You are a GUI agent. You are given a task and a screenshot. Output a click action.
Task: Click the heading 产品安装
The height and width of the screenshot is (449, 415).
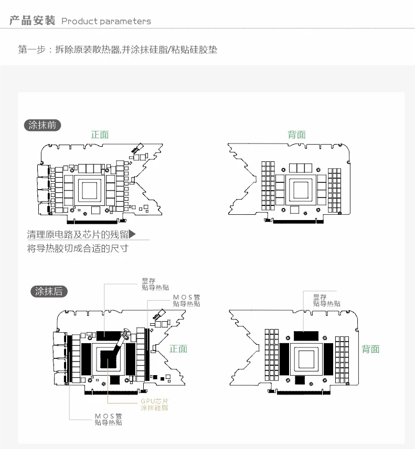[32, 21]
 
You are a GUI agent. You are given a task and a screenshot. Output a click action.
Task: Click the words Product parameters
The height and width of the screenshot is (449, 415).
[106, 21]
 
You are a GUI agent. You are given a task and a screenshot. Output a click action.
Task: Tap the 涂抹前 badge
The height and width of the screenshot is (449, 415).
[43, 125]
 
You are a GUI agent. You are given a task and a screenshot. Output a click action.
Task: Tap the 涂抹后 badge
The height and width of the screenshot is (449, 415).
[49, 292]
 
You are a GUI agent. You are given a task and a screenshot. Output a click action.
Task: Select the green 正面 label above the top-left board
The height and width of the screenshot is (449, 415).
[100, 135]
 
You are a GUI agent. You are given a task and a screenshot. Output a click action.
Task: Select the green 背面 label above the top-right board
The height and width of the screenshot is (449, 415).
[296, 135]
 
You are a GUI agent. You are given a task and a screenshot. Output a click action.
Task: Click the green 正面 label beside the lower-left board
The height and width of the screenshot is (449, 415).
[178, 349]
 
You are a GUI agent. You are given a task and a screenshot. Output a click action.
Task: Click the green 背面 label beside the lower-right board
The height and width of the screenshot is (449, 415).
[371, 349]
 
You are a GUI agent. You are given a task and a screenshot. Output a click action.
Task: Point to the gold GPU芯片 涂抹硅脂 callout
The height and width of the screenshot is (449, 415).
[154, 404]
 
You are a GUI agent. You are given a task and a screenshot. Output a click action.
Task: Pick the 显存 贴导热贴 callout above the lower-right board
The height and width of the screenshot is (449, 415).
[326, 300]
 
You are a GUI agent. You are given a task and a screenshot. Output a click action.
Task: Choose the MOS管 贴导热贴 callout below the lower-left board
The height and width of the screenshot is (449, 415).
[108, 419]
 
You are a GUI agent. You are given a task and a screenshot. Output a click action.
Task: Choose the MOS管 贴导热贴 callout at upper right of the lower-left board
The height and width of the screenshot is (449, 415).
[186, 300]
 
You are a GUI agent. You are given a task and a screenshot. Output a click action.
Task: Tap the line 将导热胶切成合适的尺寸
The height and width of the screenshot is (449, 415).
[78, 248]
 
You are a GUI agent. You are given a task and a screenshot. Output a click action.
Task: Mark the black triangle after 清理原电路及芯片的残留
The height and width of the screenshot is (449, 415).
[132, 234]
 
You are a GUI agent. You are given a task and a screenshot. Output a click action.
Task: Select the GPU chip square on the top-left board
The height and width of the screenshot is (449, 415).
[91, 188]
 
